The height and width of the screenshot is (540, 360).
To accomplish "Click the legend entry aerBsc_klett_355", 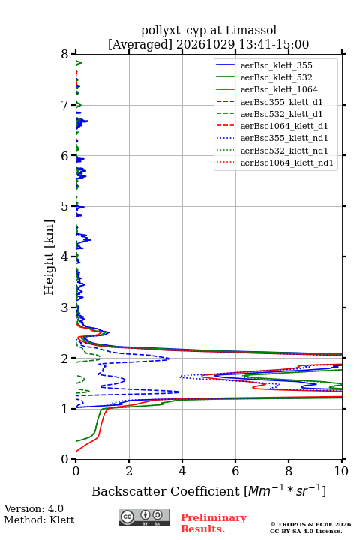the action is tap(276, 65).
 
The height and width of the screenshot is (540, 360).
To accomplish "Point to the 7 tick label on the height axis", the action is tap(64, 105).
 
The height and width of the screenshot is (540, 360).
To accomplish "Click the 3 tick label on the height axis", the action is tap(64, 307).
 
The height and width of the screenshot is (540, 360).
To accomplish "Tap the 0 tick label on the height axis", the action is tap(64, 460).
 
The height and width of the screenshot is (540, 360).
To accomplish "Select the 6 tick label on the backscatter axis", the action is tap(235, 471).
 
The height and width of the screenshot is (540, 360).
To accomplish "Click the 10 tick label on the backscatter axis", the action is tap(341, 471).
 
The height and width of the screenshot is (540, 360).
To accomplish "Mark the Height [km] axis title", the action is tap(49, 257).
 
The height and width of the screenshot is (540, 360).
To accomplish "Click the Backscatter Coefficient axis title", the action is tap(208, 491).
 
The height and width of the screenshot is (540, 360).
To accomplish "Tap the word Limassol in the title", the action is tap(250, 30).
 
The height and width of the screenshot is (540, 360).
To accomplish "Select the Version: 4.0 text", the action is tap(34, 508).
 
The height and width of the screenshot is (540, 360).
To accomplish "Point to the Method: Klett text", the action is tap(39, 520).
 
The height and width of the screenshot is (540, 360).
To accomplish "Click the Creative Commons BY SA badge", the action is tap(144, 518).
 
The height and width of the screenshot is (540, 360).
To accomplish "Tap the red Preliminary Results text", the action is tap(214, 523).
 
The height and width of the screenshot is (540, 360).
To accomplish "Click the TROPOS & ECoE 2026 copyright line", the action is tap(311, 524).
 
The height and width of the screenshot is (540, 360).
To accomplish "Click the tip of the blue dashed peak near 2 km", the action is tap(169, 358).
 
